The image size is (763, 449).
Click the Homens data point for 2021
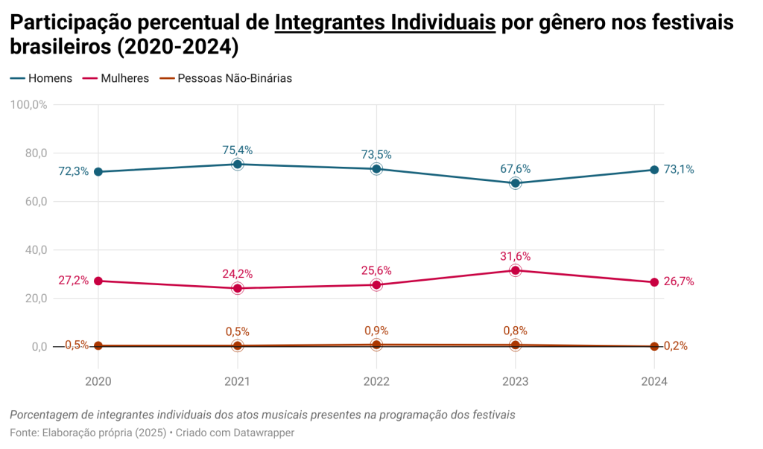tap(237, 164)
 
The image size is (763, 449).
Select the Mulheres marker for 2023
tap(515, 270)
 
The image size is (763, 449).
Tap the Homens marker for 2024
tap(654, 170)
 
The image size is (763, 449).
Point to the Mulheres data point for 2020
tap(98, 281)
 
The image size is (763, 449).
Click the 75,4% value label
tap(237, 150)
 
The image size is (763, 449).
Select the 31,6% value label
tap(515, 256)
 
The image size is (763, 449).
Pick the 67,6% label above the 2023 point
tap(515, 169)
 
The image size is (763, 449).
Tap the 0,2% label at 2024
tap(675, 345)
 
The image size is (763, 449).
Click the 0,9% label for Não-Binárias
tap(376, 331)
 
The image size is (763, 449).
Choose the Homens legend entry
tap(42, 78)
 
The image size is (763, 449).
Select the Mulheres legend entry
tap(116, 78)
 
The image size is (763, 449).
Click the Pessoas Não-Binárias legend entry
tap(227, 78)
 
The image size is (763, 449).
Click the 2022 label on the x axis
tap(376, 381)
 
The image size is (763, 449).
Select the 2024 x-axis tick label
tap(654, 381)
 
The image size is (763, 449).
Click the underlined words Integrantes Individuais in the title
tap(385, 23)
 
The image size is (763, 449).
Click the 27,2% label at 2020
tap(74, 281)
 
